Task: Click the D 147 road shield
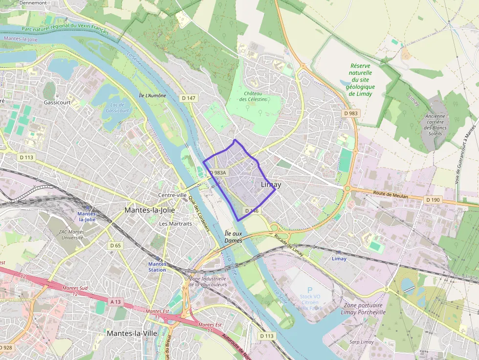(188, 98)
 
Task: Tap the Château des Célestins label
(253, 96)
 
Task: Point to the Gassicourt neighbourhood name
(57, 103)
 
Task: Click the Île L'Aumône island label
(152, 96)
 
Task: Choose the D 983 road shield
(350, 113)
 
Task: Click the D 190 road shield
(433, 200)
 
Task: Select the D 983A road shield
(218, 173)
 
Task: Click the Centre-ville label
(173, 195)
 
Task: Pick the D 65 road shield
(115, 245)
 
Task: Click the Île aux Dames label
(233, 237)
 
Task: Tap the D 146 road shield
(251, 211)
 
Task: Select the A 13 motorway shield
(115, 302)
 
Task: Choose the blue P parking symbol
(309, 290)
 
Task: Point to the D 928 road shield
(6, 347)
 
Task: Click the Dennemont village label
(33, 2)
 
